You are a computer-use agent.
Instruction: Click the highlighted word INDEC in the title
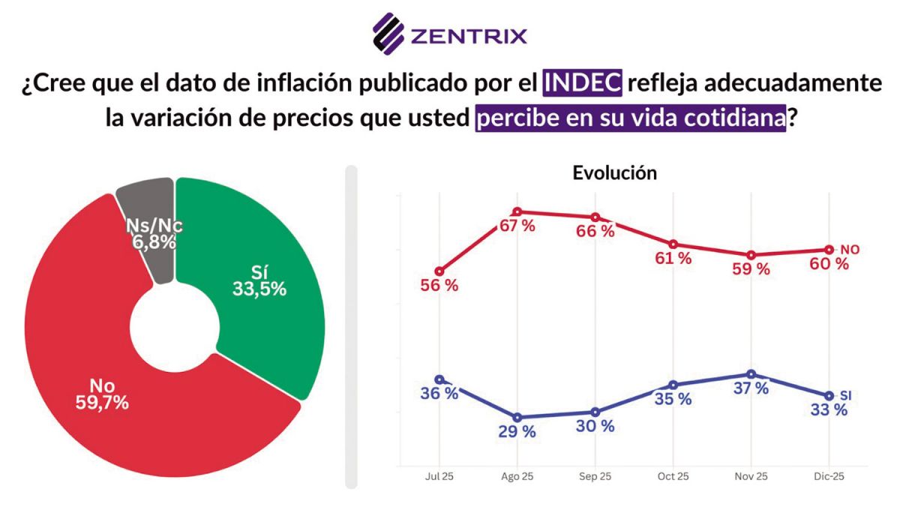point(583,82)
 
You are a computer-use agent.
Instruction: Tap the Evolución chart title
point(614,172)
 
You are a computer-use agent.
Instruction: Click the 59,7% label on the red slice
point(103,402)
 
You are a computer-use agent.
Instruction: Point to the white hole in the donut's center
point(174,328)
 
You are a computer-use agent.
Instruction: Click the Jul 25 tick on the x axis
point(439,476)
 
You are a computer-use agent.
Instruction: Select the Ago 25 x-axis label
point(517,476)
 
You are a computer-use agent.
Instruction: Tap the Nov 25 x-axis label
point(751,476)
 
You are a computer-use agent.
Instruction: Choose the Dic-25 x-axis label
point(829,476)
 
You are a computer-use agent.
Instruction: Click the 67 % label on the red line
point(517,226)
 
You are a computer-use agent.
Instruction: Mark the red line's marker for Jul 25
point(439,271)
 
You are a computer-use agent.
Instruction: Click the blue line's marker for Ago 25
point(517,417)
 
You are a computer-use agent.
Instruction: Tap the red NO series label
point(849,249)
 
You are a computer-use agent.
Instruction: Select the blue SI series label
point(846,394)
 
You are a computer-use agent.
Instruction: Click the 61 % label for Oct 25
point(673,259)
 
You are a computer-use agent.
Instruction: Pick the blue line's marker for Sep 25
point(595,412)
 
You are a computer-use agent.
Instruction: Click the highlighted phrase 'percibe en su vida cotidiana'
point(630,118)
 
